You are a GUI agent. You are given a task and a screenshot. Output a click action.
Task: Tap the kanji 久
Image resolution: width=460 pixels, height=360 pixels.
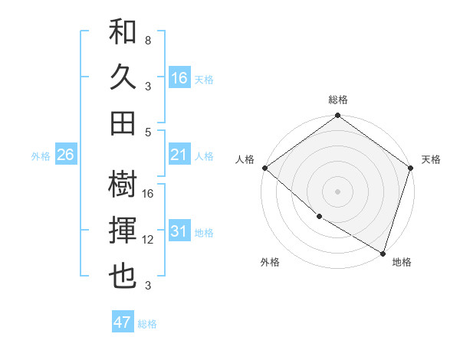tap(123, 77)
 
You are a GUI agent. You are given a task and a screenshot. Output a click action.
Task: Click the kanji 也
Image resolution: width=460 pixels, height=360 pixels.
tap(123, 275)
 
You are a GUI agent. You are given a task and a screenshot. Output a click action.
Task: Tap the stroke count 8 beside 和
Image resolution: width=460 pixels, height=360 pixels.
tap(147, 40)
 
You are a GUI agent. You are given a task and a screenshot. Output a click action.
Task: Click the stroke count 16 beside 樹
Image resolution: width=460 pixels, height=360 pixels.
tap(149, 193)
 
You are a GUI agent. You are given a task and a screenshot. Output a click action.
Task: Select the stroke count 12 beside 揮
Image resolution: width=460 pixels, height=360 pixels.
tap(149, 240)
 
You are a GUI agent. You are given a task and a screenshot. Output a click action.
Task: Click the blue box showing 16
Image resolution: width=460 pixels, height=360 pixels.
tap(179, 78)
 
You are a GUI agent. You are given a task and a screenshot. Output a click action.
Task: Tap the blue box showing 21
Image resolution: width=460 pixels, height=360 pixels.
tap(179, 155)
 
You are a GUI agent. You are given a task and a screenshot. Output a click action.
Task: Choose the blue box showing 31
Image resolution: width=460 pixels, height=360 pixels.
tap(179, 231)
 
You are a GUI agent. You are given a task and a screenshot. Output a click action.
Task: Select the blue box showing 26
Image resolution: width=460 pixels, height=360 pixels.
tap(65, 155)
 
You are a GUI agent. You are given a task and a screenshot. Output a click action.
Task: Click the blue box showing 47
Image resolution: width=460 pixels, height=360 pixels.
tap(123, 322)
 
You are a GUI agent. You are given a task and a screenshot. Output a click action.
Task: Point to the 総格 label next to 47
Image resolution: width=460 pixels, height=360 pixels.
tap(147, 324)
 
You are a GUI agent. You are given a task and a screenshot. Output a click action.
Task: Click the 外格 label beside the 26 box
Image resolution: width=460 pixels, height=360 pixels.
tap(41, 156)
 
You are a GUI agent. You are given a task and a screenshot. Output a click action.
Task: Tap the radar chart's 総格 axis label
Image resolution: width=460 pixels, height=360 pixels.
tap(338, 100)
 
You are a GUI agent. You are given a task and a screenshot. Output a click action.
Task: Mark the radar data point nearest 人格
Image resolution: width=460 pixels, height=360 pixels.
tap(264, 168)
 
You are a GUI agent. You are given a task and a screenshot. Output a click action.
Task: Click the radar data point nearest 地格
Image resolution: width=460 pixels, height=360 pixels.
tap(383, 252)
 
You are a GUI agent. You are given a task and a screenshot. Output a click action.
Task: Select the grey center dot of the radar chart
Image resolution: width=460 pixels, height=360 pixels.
tap(337, 191)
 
